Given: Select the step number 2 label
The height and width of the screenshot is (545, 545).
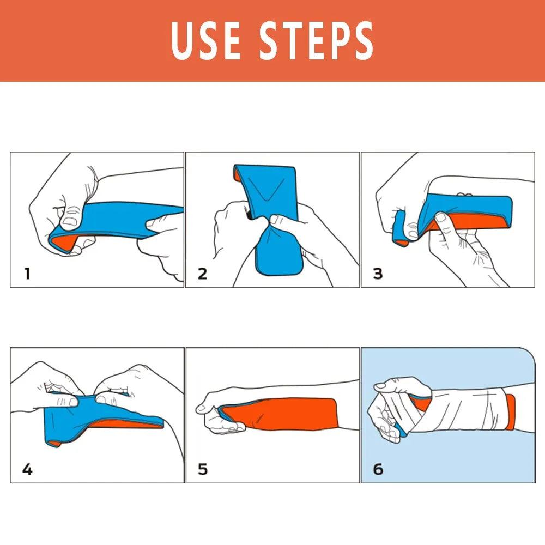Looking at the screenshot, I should point(202,274).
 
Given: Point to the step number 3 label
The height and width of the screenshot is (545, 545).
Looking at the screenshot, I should point(378,274).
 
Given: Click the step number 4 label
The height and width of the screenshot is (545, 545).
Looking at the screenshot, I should point(27,469).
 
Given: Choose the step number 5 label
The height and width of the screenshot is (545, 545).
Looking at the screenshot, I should point(202,469).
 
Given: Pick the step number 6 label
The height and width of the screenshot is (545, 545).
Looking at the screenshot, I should point(378,469).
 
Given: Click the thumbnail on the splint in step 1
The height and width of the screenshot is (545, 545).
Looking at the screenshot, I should point(69,221).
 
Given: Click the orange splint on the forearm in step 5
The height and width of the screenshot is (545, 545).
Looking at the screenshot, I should point(294,414).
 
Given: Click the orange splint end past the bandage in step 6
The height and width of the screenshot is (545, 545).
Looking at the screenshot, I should point(510,411).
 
